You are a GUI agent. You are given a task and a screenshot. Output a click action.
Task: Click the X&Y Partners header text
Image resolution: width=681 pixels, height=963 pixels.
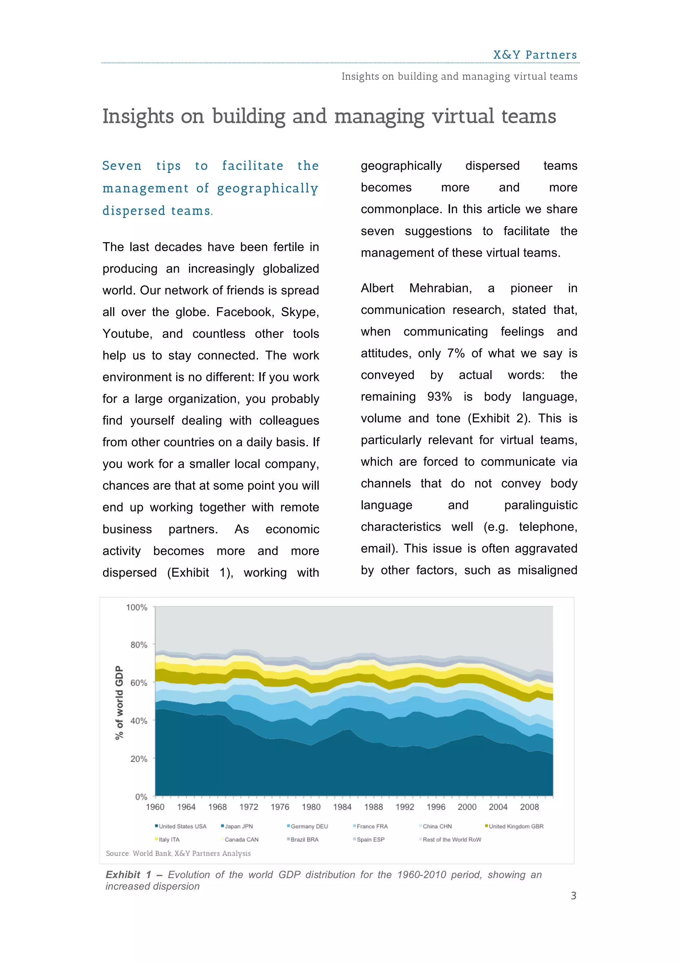click(535, 55)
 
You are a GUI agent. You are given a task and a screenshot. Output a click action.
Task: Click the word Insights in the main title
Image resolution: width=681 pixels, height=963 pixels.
click(138, 117)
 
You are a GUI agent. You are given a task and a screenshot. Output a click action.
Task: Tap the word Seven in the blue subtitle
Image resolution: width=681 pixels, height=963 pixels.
click(122, 166)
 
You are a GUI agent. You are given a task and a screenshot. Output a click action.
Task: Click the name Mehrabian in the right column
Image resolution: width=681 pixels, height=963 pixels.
click(440, 288)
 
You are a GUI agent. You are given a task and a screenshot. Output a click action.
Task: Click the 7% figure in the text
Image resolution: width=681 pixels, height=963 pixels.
click(456, 353)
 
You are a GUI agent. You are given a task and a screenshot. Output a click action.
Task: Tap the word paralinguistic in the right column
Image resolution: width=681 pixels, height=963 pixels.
click(541, 505)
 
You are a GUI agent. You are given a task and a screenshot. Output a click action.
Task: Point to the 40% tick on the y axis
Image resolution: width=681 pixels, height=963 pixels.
click(138, 721)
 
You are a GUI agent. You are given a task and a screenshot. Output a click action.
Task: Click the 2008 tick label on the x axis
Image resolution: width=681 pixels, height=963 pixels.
click(529, 807)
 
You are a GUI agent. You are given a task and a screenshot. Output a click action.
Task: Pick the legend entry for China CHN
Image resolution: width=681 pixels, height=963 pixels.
click(437, 826)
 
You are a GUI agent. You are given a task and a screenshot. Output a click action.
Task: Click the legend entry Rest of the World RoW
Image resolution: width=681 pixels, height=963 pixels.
click(452, 839)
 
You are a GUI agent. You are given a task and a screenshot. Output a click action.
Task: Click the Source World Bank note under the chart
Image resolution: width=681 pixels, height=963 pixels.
click(178, 853)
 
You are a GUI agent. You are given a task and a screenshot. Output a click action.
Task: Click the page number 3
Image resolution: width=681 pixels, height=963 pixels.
click(573, 896)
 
